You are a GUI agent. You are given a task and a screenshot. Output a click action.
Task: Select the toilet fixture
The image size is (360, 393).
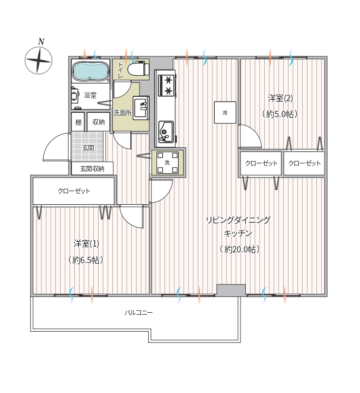click(138, 69)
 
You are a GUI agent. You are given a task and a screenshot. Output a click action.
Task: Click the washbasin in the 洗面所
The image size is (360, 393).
click(141, 108)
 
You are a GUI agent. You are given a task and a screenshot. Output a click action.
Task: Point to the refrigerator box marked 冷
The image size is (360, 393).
click(225, 112)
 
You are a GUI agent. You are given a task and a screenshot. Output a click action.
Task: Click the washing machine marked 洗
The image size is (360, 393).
click(168, 162)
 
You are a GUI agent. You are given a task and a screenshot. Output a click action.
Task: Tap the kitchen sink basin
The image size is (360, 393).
click(166, 132)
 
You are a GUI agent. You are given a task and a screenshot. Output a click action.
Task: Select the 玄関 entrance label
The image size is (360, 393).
click(88, 148)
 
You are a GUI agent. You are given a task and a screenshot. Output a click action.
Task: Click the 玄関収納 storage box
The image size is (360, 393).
click(92, 168)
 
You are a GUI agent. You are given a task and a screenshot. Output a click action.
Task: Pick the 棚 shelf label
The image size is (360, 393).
click(78, 123)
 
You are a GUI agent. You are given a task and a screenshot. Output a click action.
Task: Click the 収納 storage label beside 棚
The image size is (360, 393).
click(99, 122)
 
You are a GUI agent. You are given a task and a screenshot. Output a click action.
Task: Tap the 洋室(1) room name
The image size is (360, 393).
click(86, 244)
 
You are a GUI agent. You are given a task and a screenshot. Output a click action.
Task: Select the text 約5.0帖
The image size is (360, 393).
click(280, 114)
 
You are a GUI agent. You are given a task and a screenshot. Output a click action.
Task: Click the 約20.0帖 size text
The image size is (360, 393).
click(240, 250)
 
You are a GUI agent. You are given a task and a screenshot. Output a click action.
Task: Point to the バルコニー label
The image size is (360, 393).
click(138, 313)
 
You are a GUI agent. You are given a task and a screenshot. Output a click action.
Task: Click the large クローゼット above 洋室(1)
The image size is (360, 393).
click(74, 191)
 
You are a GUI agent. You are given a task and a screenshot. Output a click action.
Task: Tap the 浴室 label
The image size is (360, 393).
click(90, 95)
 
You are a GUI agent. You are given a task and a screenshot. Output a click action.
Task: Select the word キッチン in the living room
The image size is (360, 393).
click(238, 233)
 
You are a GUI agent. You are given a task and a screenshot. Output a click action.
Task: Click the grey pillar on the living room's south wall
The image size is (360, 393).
click(231, 290)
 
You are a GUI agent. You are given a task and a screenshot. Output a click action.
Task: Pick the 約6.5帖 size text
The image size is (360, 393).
click(86, 260)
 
